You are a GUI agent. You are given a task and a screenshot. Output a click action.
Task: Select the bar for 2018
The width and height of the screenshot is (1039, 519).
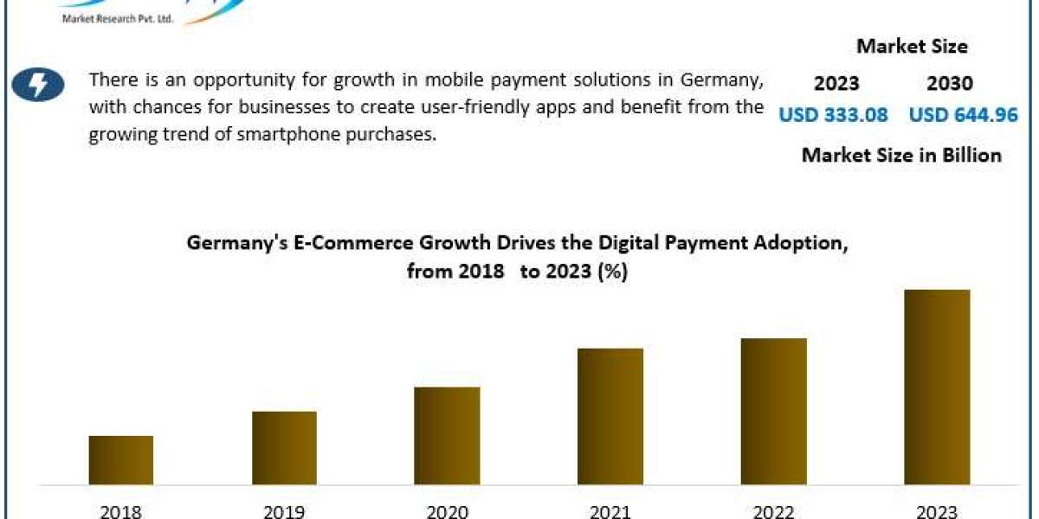[x=121, y=459]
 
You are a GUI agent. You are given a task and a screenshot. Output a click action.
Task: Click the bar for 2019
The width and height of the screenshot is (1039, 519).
[x=285, y=447]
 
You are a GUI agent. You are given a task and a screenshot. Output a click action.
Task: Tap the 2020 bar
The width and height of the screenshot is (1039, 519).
[x=447, y=435]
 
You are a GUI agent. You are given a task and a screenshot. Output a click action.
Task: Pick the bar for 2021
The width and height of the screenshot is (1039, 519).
[x=610, y=416]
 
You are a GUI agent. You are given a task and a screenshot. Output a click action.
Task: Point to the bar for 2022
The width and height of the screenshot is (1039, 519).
[x=774, y=411]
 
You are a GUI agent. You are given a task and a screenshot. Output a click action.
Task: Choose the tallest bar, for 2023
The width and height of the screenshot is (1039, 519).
[x=937, y=387]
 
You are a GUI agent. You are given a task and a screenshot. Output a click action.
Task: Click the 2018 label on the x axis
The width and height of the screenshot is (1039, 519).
[x=120, y=511]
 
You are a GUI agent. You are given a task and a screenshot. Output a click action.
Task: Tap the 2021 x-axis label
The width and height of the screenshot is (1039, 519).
[x=610, y=511]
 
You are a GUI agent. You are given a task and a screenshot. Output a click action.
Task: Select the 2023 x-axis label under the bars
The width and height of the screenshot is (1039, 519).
[x=938, y=511]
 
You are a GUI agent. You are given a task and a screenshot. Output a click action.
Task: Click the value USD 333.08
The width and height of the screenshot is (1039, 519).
[x=833, y=114]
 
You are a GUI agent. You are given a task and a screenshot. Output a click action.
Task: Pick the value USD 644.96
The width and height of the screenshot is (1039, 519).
[x=963, y=114]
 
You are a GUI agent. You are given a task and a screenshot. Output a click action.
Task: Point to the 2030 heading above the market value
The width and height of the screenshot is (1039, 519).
[x=950, y=84]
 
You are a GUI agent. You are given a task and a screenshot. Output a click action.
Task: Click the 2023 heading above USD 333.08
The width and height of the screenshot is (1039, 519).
[x=836, y=84]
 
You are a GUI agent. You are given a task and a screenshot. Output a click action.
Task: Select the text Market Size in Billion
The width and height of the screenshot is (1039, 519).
[x=901, y=155]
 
